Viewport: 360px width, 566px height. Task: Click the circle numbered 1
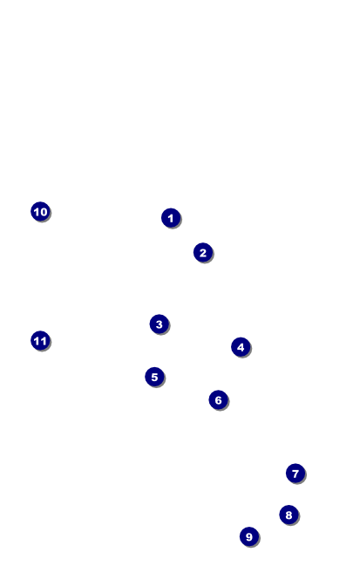pyautogui.click(x=171, y=218)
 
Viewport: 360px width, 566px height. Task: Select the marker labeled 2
pyautogui.click(x=203, y=252)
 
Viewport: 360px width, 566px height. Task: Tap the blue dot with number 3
pyautogui.click(x=159, y=324)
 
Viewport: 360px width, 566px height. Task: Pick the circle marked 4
pyautogui.click(x=241, y=347)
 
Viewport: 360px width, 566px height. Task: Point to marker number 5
pyautogui.click(x=155, y=377)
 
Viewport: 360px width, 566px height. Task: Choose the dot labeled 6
pyautogui.click(x=218, y=399)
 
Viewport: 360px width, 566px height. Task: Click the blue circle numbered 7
pyautogui.click(x=295, y=474)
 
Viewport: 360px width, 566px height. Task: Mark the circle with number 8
pyautogui.click(x=289, y=515)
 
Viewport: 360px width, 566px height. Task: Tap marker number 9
pyautogui.click(x=249, y=536)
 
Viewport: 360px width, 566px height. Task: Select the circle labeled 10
pyautogui.click(x=40, y=211)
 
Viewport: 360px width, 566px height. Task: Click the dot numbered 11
pyautogui.click(x=40, y=340)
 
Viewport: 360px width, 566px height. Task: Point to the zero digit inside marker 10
pyautogui.click(x=44, y=212)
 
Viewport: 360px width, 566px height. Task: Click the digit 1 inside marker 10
pyautogui.click(x=37, y=212)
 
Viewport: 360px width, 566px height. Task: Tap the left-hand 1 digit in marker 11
pyautogui.click(x=37, y=341)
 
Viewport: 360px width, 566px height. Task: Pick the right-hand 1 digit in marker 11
pyautogui.click(x=44, y=341)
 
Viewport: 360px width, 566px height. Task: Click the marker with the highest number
pyautogui.click(x=40, y=340)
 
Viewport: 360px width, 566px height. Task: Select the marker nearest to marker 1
pyautogui.click(x=203, y=252)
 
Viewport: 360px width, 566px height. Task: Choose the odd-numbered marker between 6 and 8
pyautogui.click(x=295, y=474)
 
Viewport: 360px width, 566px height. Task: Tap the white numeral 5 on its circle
pyautogui.click(x=155, y=378)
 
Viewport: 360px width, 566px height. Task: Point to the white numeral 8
pyautogui.click(x=289, y=515)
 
